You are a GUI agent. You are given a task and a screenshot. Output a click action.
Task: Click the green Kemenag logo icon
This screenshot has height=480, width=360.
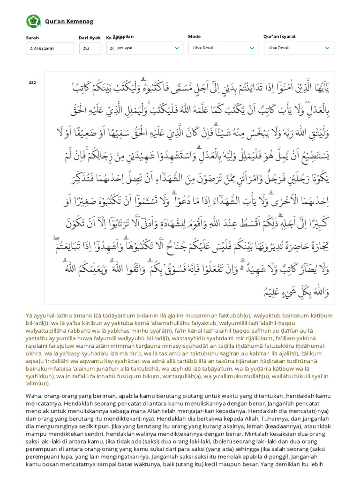[33, 21]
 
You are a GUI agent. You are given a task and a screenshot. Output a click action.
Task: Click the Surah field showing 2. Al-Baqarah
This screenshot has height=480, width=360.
[50, 48]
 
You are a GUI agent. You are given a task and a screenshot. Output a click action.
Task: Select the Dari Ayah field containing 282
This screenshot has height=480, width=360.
[90, 48]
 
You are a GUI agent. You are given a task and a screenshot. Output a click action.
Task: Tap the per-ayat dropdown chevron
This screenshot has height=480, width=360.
[177, 48]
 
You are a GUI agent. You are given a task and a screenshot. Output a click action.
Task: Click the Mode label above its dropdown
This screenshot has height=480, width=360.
[194, 37]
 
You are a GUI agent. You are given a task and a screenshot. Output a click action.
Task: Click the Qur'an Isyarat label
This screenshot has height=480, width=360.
[279, 37]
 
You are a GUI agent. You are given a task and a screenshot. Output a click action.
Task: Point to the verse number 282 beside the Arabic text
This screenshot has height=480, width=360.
[32, 82]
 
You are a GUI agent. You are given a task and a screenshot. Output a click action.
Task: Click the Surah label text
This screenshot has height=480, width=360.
[32, 38]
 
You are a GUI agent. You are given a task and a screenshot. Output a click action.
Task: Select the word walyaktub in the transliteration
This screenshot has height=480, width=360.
[274, 315]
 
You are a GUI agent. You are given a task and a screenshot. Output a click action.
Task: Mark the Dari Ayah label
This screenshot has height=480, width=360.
[90, 38]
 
